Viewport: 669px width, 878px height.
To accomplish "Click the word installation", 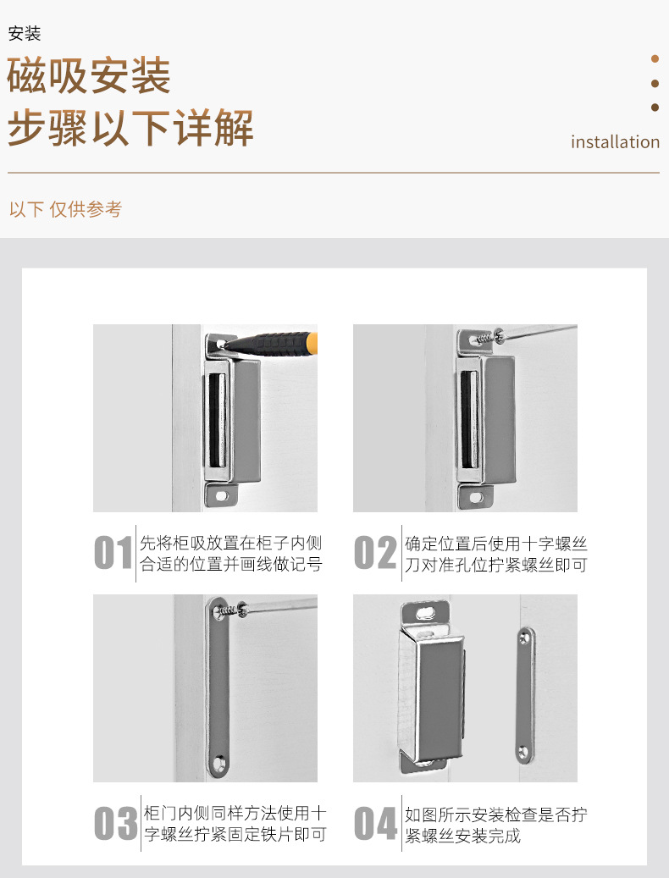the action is (x=615, y=142).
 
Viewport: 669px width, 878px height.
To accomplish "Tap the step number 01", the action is (x=113, y=553).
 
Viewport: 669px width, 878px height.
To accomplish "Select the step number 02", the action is (x=374, y=553).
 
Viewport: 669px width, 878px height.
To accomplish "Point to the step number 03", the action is (x=116, y=823).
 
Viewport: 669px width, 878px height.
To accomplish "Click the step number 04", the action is (x=376, y=823).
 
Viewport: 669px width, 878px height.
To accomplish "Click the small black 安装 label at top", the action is (x=25, y=34).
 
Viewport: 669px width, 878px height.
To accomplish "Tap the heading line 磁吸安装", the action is (x=88, y=75).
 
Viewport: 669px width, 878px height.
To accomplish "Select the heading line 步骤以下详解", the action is (x=130, y=127).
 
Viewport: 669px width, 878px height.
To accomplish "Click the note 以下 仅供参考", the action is (x=65, y=209).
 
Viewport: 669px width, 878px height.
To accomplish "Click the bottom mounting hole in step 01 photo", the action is (x=222, y=496).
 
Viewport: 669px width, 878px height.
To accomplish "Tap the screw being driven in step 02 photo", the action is (x=487, y=338).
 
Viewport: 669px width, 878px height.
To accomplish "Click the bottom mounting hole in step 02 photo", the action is (x=476, y=497).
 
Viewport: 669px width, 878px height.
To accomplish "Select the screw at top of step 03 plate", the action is (x=230, y=610).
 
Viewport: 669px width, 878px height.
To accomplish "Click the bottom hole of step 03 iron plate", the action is (x=218, y=763).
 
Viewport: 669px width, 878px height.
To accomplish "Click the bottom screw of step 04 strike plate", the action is (x=523, y=752).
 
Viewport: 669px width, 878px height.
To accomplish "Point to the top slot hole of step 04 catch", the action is (x=427, y=612).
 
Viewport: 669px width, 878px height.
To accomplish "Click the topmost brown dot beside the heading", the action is (x=655, y=58).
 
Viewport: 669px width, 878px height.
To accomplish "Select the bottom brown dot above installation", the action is (x=655, y=107).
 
